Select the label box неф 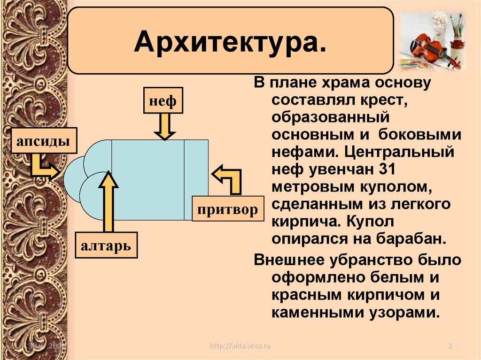point(163,100)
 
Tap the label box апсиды point(44,140)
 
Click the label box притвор point(227,209)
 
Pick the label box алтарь point(106,245)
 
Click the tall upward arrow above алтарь point(108,202)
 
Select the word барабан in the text point(409,238)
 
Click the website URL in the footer point(240,346)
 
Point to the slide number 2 point(450,346)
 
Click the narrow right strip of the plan point(196,180)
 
